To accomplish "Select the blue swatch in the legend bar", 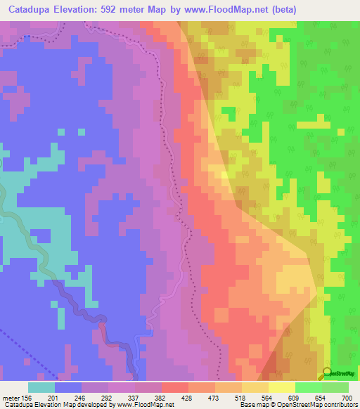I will (68, 387).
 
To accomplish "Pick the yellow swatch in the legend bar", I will (282, 387).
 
